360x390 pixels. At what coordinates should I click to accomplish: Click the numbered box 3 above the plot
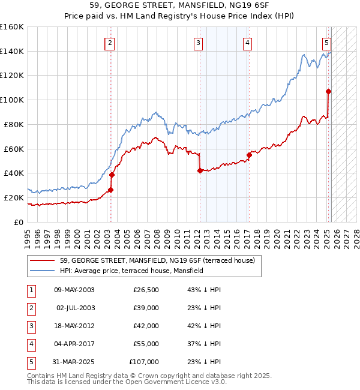pyautogui.click(x=198, y=43)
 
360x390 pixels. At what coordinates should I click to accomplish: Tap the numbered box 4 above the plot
pyautogui.click(x=247, y=43)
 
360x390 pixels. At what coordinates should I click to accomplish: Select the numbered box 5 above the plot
pyautogui.click(x=326, y=43)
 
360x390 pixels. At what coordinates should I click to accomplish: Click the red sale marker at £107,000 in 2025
pyautogui.click(x=328, y=91)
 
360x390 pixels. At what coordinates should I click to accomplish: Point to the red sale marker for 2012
pyautogui.click(x=199, y=170)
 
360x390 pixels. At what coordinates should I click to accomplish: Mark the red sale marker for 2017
pyautogui.click(x=249, y=155)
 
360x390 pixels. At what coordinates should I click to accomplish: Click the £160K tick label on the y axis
pyautogui.click(x=12, y=27)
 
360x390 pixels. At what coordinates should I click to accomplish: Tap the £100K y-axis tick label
pyautogui.click(x=12, y=100)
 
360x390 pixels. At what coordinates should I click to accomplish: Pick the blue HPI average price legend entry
pyautogui.click(x=131, y=271)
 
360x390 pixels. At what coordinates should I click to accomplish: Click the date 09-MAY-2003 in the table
pyautogui.click(x=74, y=290)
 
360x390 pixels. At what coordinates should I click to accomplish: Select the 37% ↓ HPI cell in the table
pyautogui.click(x=204, y=344)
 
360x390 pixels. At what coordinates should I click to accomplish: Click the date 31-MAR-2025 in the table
pyautogui.click(x=74, y=362)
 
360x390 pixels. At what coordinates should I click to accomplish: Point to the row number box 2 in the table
pyautogui.click(x=31, y=308)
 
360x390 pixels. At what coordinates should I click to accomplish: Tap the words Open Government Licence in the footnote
pyautogui.click(x=174, y=382)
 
